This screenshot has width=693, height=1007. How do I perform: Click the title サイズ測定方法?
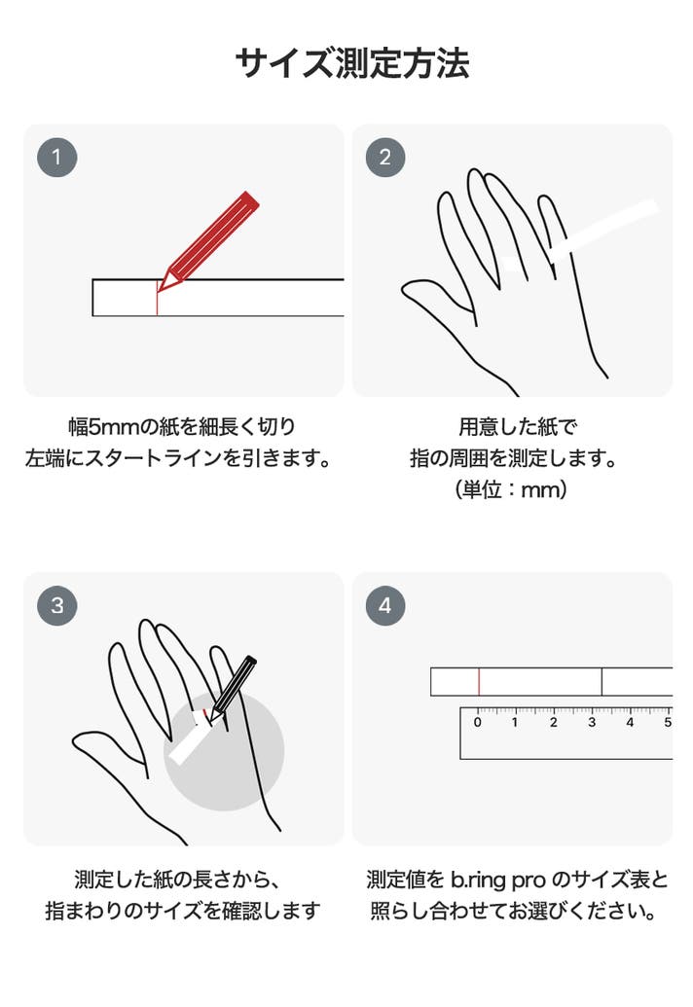(352, 63)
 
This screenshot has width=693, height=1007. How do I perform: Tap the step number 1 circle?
(57, 158)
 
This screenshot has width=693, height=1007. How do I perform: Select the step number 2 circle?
(385, 158)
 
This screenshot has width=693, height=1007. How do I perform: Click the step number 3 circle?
(57, 605)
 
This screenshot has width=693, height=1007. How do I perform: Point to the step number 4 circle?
(385, 605)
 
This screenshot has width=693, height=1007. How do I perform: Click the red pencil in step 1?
(208, 241)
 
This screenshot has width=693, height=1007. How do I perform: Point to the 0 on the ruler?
(477, 723)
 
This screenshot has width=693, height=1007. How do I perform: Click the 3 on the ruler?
(592, 723)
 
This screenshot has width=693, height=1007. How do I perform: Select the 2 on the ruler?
(554, 723)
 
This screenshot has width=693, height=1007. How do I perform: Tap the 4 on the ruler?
(630, 723)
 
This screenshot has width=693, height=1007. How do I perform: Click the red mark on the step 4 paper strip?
(479, 682)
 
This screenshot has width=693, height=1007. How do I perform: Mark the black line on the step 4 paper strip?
(602, 682)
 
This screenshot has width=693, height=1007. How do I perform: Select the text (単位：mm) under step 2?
(511, 490)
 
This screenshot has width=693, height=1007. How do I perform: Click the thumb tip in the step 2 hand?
(406, 288)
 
